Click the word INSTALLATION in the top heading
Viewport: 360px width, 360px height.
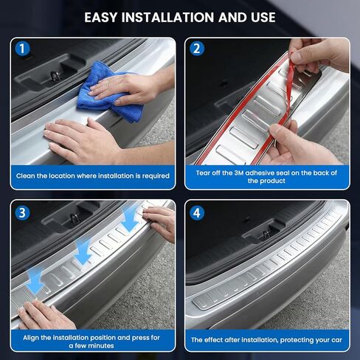click(167, 18)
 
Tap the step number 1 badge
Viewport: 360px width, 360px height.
click(22, 49)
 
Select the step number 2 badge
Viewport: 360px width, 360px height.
click(197, 49)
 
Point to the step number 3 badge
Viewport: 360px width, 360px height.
click(22, 212)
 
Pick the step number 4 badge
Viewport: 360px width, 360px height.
click(197, 212)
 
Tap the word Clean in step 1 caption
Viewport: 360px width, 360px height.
click(26, 176)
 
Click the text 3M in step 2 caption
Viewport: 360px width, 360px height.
click(238, 173)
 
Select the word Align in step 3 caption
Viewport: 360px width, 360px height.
click(31, 338)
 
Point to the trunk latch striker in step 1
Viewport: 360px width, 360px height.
click(54, 76)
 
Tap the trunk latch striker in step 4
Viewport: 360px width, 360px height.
click(266, 234)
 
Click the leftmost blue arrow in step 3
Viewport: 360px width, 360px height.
click(35, 280)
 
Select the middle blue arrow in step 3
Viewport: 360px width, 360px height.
click(83, 252)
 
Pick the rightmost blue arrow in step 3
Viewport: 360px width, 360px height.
click(130, 219)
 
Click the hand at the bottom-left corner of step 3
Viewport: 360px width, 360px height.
click(46, 316)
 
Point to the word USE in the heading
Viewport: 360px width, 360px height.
click(263, 18)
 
